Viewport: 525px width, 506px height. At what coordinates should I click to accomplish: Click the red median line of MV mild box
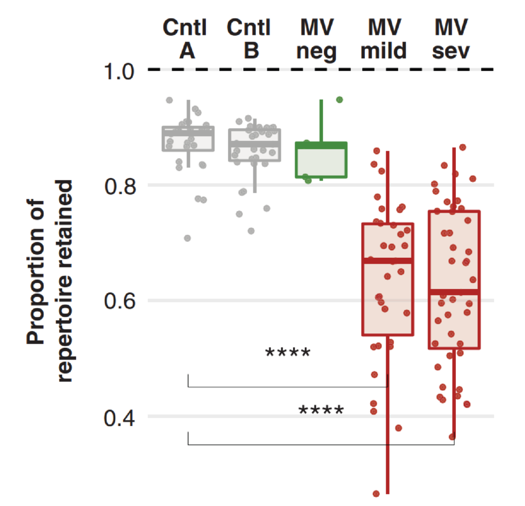pos(388,261)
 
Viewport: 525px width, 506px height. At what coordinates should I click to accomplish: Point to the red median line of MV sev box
pos(454,292)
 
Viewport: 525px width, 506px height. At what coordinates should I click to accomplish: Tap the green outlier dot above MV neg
pos(339,100)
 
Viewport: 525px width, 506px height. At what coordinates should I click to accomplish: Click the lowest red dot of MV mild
pos(377,493)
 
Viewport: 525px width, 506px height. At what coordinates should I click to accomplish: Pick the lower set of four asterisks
pos(320,412)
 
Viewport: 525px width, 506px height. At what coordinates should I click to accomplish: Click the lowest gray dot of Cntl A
pos(187,238)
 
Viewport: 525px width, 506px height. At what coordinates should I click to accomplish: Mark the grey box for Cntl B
pos(255,145)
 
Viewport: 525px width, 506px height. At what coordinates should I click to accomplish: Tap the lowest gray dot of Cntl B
pos(251,231)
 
